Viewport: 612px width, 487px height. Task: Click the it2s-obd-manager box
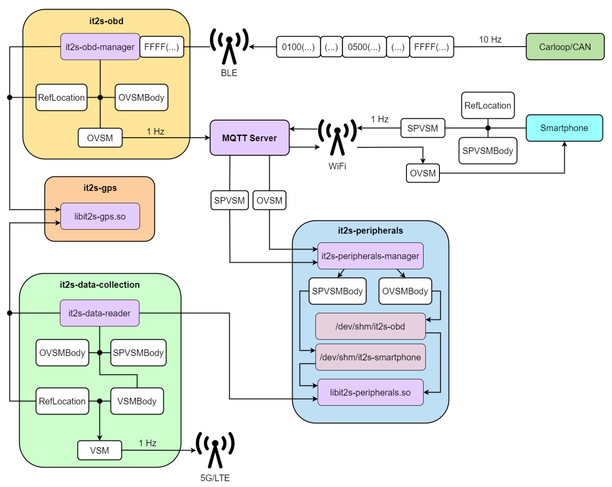pos(100,47)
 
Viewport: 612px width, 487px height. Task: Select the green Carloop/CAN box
pos(565,47)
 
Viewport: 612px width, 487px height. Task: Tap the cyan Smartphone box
pos(564,128)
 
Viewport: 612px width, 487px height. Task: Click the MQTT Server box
pos(249,138)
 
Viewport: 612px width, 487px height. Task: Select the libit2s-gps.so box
pos(100,216)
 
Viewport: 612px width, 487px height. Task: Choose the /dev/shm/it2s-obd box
pos(370,326)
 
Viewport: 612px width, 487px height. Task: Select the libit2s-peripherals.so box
pos(370,392)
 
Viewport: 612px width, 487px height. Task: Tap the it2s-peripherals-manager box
pos(370,256)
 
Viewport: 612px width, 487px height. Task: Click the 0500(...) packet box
pos(364,47)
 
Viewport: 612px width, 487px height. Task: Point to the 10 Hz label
pos(490,40)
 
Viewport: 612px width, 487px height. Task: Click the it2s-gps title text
pos(100,188)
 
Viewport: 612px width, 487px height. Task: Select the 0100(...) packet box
pos(298,47)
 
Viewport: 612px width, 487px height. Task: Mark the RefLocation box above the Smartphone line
pos(488,105)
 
